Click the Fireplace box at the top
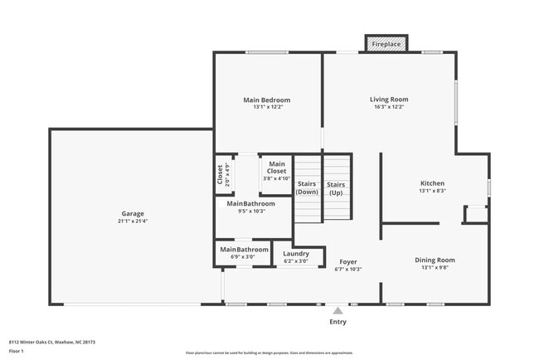point(386,43)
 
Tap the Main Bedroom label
point(266,100)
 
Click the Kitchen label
point(432,183)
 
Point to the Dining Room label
point(435,260)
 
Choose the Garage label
point(133,214)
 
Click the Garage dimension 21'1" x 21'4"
point(133,221)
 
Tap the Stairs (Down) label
point(308,188)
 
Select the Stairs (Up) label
point(336,188)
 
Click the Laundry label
point(296,254)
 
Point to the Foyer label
point(347,261)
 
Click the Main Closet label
point(276,168)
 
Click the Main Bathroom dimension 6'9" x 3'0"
point(243,257)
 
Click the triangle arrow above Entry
point(337,310)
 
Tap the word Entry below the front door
point(338,322)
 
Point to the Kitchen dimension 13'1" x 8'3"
point(432,191)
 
